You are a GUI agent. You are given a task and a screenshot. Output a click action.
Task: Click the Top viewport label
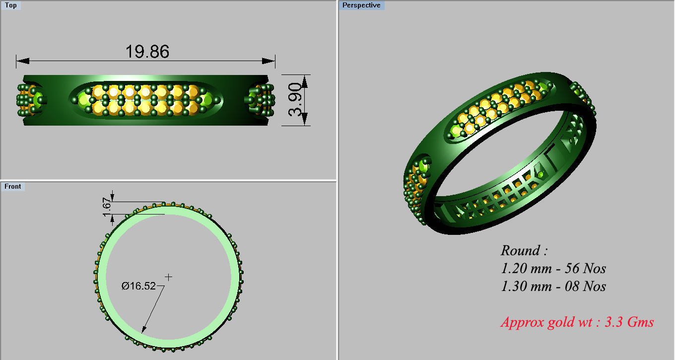point(10,5)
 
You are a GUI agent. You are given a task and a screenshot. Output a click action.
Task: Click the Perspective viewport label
point(361,5)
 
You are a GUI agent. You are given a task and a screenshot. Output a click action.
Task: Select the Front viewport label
point(13,186)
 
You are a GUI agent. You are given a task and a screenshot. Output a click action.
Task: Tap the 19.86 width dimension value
point(147,51)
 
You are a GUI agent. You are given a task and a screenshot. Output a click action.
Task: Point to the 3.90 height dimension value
point(295,100)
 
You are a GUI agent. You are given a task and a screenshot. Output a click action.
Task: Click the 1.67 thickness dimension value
point(107,208)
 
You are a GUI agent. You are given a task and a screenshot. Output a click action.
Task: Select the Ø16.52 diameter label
point(138,286)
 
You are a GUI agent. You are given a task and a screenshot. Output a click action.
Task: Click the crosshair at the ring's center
point(169,277)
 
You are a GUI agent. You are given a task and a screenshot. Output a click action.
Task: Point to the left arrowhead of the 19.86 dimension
point(20,61)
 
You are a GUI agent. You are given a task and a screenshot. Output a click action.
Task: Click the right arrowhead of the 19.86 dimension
point(271,61)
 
